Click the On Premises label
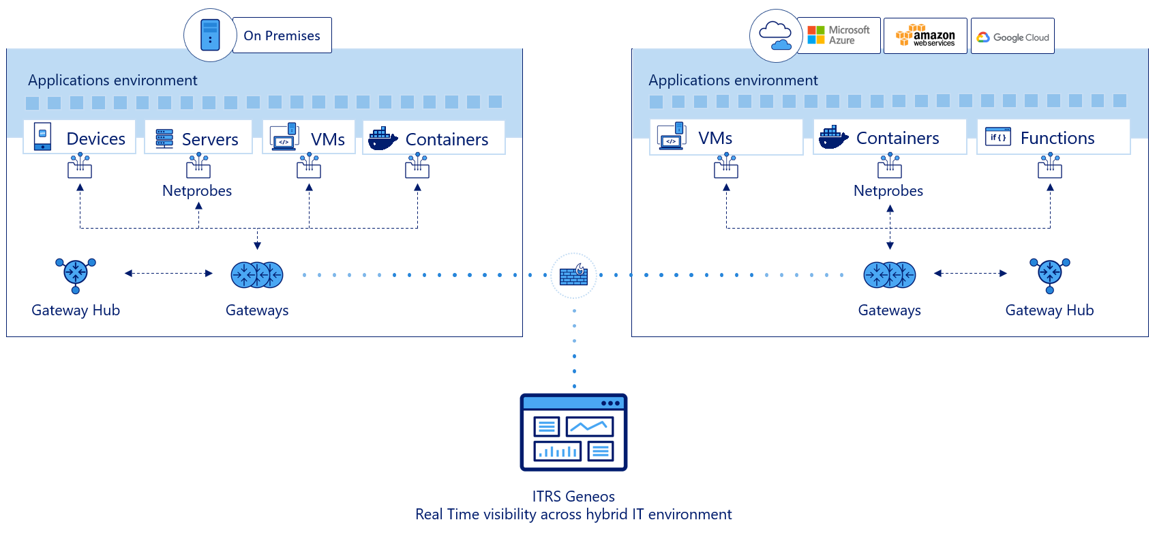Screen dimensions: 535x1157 [282, 35]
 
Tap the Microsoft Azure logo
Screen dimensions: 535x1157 [839, 35]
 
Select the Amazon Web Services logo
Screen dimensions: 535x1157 [925, 35]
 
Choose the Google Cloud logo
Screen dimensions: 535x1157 [1012, 37]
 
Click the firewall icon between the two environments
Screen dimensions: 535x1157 [573, 276]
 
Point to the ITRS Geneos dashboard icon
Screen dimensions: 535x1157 [573, 432]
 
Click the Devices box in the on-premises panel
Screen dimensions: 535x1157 [80, 138]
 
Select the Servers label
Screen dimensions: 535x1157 [210, 140]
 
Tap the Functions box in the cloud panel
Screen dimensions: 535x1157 [1053, 138]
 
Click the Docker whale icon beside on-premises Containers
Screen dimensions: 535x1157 [382, 139]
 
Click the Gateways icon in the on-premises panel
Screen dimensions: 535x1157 [257, 275]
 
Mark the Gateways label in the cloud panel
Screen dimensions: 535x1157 [889, 310]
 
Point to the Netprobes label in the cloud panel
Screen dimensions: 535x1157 [888, 191]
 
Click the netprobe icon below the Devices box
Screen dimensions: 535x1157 [80, 166]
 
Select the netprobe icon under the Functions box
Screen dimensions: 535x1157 [1050, 166]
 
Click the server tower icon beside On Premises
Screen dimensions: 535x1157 [210, 35]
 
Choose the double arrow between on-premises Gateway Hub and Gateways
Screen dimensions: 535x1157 [168, 274]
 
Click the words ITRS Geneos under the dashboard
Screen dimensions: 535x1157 [573, 497]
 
